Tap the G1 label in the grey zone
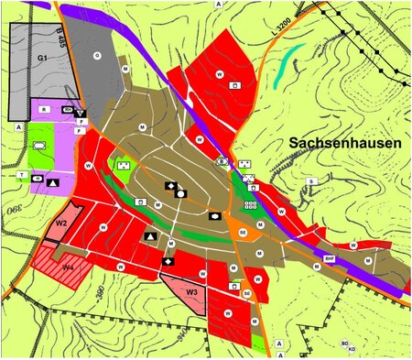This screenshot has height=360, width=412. [x=42, y=58]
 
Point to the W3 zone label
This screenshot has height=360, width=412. [x=191, y=292]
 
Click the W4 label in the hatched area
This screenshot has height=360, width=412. [x=68, y=267]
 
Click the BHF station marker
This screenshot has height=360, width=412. [x=329, y=259]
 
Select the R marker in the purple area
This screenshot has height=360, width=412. [x=43, y=109]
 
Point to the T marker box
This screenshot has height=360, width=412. [x=20, y=172]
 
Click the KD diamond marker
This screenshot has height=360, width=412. [x=351, y=348]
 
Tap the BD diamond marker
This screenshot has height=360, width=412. [x=343, y=343]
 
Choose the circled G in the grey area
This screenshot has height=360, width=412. [x=97, y=55]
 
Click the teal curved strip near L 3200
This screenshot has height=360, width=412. [x=287, y=67]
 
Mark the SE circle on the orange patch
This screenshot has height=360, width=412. [x=242, y=234]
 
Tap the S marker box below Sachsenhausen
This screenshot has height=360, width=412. [x=311, y=181]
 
